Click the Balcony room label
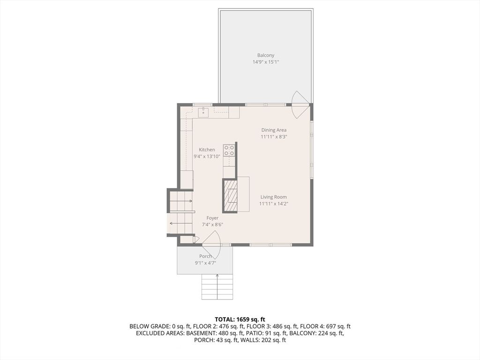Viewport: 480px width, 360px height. [x=265, y=55]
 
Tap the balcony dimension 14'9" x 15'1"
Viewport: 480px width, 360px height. [x=265, y=62]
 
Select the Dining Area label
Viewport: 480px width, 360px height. [x=274, y=130]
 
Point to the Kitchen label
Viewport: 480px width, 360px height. [x=207, y=150]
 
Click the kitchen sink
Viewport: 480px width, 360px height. [x=203, y=112]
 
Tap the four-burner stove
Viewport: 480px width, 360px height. [x=229, y=150]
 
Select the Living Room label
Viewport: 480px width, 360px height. [x=274, y=197]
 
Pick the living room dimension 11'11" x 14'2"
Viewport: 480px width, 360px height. [x=274, y=204]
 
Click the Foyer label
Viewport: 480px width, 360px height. [x=212, y=218]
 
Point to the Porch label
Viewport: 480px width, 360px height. [x=205, y=256]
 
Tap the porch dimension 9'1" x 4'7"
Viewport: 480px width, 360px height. [x=205, y=263]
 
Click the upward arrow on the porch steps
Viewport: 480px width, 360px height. [x=217, y=287]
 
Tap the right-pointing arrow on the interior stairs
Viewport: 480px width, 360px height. [x=181, y=201]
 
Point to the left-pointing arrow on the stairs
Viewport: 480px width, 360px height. [x=180, y=224]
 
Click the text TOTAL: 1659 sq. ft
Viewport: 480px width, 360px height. [x=240, y=320]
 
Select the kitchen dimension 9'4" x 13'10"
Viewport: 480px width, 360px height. [x=207, y=157]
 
